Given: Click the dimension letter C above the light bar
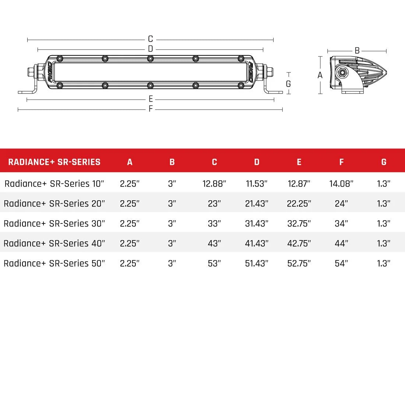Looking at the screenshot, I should click(150, 39).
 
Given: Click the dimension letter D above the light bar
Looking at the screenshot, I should click(150, 49).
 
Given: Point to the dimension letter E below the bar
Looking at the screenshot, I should click(151, 99).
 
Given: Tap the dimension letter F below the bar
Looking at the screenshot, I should click(151, 109).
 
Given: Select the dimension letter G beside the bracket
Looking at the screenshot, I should click(288, 84).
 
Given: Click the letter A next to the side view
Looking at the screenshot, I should click(320, 75).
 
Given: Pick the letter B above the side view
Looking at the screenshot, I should click(357, 51).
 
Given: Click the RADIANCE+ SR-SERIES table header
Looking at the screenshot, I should click(54, 162).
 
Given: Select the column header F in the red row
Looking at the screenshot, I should click(341, 162).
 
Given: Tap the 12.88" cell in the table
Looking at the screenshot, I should click(214, 184).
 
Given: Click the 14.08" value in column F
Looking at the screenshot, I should click(341, 184).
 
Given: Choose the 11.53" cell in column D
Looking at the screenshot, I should click(257, 184).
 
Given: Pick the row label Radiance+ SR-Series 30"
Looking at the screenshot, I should click(54, 223).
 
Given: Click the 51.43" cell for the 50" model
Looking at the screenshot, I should click(257, 263).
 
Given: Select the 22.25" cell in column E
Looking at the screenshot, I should click(299, 204).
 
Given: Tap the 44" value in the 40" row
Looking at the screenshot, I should click(341, 243).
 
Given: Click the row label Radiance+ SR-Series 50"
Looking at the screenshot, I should click(54, 263).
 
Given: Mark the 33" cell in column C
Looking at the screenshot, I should click(214, 223).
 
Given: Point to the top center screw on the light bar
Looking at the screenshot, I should click(150, 59).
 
